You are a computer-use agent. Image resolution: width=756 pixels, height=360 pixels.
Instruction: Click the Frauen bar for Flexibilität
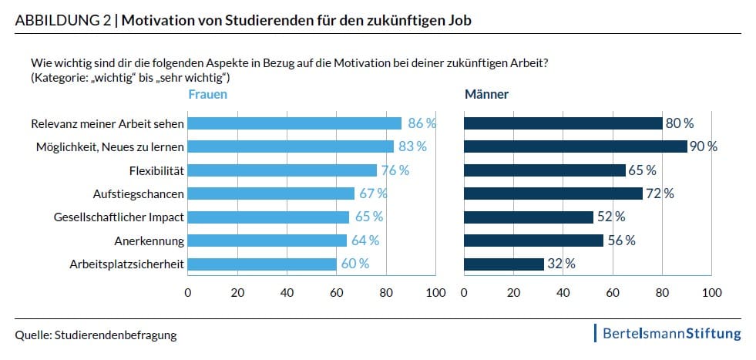(282, 170)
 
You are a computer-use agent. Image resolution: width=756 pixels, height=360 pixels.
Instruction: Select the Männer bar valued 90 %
(575, 146)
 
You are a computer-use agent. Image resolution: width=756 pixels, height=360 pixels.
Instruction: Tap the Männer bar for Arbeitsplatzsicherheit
(504, 264)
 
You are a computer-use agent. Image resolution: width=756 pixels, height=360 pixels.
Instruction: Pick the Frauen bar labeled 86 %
(294, 123)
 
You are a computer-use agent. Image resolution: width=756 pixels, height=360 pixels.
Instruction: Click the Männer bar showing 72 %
(553, 193)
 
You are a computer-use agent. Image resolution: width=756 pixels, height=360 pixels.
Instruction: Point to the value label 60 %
(355, 264)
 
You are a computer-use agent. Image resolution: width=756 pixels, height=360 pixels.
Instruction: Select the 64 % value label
(365, 241)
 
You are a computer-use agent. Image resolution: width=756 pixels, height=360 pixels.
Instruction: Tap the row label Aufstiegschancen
(142, 193)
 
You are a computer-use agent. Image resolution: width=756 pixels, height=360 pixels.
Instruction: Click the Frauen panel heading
(207, 95)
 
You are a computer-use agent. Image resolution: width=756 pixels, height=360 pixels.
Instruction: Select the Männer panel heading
(486, 95)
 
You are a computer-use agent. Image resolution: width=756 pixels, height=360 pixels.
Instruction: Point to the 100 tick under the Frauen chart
(436, 293)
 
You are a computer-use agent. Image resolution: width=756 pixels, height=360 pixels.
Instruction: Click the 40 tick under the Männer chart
(563, 293)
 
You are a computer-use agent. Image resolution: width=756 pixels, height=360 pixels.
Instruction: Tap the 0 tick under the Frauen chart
(187, 293)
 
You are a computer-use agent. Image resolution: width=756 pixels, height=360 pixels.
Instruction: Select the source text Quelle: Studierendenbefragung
(96, 335)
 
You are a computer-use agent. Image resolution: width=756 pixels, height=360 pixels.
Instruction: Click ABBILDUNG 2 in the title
(62, 21)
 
